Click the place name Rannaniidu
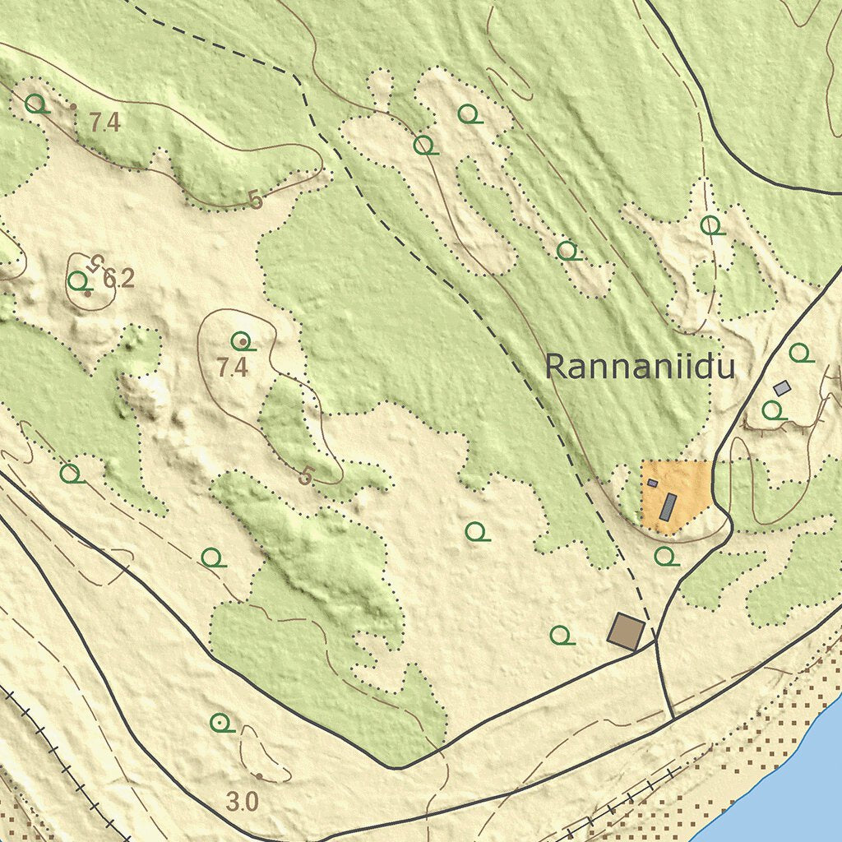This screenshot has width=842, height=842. click(639, 367)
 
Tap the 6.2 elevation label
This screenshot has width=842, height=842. click(118, 280)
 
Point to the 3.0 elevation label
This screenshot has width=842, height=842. click(242, 801)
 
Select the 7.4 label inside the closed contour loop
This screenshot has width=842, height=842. click(233, 368)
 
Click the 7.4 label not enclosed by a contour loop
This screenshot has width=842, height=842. click(105, 123)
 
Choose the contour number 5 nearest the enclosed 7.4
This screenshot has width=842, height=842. click(307, 475)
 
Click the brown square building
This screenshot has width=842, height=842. click(627, 631)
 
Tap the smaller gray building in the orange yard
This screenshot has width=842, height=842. click(653, 483)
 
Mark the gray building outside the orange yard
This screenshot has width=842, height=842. click(782, 387)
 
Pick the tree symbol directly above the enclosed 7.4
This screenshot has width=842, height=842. click(241, 340)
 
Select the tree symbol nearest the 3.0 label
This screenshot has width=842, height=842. click(220, 723)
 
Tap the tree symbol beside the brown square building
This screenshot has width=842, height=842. click(561, 635)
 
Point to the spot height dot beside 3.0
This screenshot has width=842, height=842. click(259, 775)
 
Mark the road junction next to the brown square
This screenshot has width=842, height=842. click(656, 641)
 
